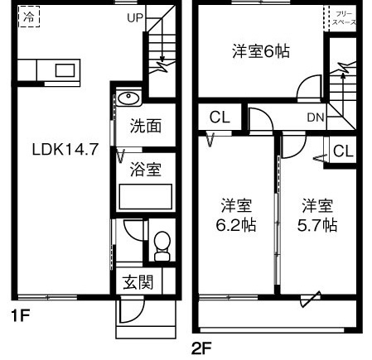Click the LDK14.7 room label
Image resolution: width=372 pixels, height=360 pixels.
coord(65,150)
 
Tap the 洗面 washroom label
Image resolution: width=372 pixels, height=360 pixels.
coord(145,127)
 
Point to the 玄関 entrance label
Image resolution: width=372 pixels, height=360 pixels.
coord(138,281)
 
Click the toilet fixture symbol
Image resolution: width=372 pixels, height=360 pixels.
coord(161,245)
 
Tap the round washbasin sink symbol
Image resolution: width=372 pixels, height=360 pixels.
coord(129,100)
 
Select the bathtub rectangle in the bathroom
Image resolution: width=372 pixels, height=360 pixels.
coord(145,197)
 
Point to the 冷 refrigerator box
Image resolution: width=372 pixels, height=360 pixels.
coord(29,17)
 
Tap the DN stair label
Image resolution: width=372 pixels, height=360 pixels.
coord(315,118)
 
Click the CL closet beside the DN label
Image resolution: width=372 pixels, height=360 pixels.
coord(219,117)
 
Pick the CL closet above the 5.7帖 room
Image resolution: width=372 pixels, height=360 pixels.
coord(343,151)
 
